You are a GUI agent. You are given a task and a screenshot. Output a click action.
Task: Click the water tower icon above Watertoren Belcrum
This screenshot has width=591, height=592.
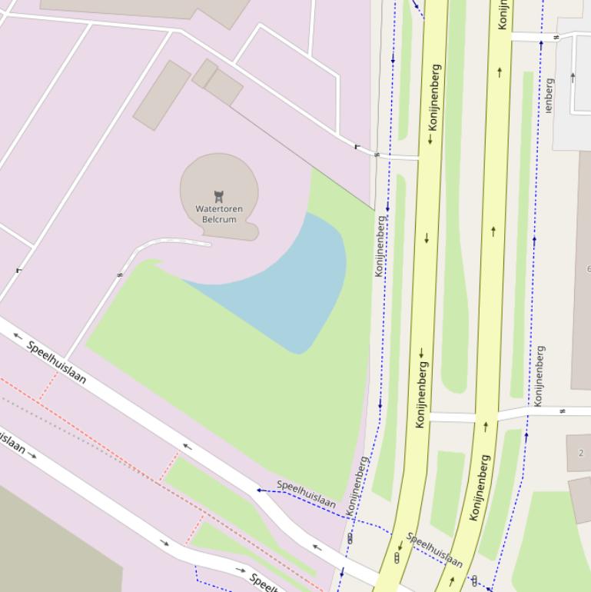[218, 197]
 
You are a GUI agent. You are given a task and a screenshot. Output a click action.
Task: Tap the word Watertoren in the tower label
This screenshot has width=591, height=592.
[219, 209]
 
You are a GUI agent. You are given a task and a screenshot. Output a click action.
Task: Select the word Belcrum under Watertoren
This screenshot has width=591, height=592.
[219, 220]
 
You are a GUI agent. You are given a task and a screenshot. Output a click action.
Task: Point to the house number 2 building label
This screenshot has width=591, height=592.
[580, 453]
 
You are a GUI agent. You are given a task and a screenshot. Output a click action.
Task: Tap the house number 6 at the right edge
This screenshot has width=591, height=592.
[588, 269]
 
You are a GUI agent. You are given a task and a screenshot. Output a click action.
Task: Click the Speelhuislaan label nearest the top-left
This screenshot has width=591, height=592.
[57, 361]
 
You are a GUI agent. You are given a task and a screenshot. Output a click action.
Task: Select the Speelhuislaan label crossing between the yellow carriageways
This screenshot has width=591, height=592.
[434, 549]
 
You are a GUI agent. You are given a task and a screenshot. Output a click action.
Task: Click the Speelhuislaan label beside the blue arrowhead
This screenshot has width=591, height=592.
[306, 494]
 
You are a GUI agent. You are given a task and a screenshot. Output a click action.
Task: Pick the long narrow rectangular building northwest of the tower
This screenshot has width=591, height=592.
[161, 95]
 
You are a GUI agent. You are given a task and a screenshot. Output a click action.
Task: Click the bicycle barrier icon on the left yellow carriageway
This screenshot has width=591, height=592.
[397, 558]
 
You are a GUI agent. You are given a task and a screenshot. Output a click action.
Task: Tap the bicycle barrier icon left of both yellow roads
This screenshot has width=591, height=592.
[350, 538]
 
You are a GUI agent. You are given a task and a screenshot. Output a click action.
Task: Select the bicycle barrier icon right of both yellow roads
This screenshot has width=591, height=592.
[475, 580]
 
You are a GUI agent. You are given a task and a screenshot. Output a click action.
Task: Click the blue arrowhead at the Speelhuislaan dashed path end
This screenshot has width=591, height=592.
[260, 490]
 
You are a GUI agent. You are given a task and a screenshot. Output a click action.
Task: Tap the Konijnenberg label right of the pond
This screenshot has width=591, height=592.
[379, 246]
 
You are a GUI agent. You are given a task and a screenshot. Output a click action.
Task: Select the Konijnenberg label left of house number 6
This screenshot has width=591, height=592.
[540, 375]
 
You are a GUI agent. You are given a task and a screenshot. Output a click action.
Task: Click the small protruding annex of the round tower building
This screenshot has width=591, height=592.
[250, 231]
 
